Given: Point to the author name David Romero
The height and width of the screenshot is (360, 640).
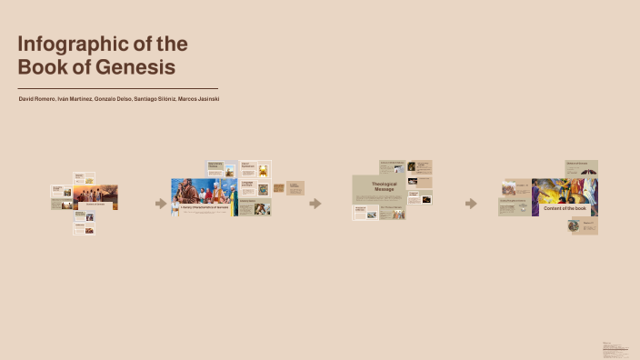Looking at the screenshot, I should coord(36,98).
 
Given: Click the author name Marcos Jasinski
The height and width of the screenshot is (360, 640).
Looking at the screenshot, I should coord(199,98).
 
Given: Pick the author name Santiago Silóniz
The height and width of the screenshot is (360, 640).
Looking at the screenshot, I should coord(155,98).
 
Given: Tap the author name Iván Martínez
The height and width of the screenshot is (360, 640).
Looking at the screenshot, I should coord(75,98).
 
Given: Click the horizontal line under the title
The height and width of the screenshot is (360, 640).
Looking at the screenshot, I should coord(117,88).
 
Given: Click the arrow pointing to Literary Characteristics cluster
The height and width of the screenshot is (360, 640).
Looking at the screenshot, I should coord(161,204).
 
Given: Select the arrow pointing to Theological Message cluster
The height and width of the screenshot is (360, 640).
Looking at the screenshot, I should coord(315,204).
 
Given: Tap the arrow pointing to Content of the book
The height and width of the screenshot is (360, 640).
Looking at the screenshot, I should coord(470,204).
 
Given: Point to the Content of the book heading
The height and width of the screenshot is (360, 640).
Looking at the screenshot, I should coord(564,208).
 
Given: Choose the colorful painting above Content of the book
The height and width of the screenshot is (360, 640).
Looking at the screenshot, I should coord(564,190).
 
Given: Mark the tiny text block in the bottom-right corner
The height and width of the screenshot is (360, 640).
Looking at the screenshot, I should coord(615,348).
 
